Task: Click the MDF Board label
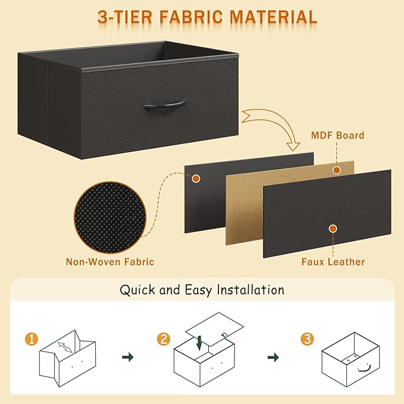337,136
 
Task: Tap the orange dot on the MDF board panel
336,170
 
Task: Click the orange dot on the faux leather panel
333,227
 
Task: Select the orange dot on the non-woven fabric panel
195,177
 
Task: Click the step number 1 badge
32,340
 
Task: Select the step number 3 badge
307,340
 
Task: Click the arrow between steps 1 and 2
127,357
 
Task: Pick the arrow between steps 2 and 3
273,357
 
